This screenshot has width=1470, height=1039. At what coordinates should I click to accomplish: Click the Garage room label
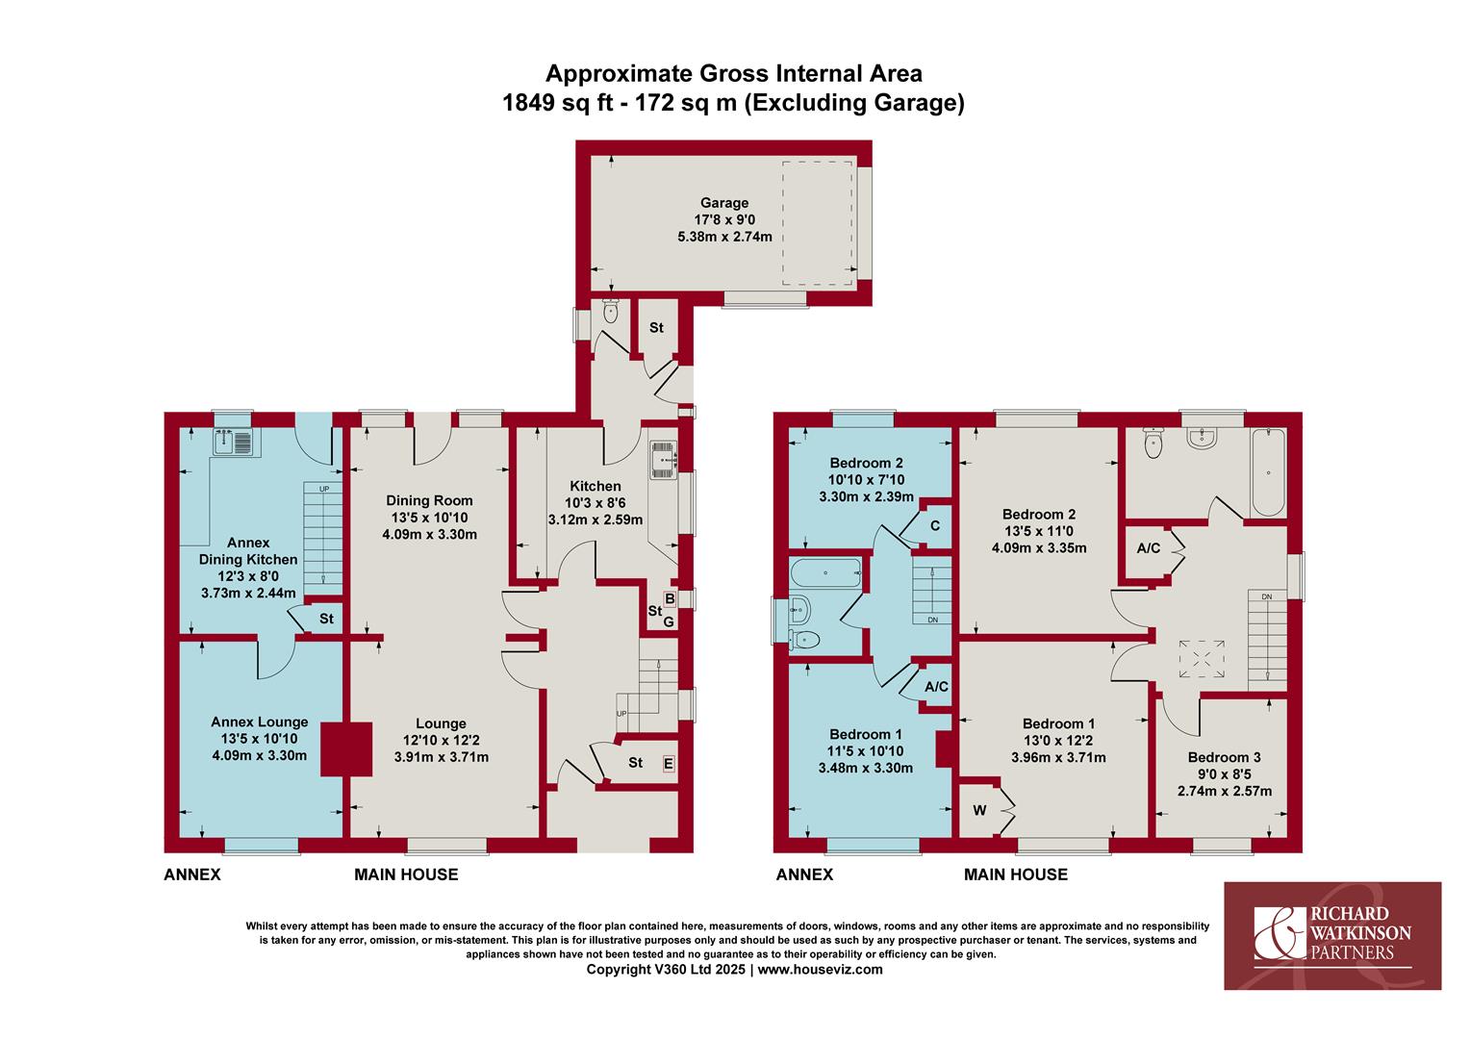[x=723, y=203]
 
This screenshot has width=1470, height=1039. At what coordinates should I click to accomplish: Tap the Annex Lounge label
[x=259, y=722]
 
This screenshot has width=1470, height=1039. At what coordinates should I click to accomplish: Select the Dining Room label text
[x=429, y=500]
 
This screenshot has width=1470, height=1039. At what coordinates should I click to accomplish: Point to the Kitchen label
[x=596, y=486]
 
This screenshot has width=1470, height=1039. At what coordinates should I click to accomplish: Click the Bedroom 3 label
[x=1224, y=757]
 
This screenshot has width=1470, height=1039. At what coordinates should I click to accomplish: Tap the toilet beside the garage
[x=610, y=312]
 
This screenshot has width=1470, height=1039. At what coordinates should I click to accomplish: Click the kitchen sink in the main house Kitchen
[x=663, y=460]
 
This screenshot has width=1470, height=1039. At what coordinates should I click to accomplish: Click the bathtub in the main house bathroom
[x=1268, y=472]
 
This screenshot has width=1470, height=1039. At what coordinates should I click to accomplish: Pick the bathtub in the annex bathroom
[x=825, y=573]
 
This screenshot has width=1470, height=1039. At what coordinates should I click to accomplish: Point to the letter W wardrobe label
[x=979, y=810]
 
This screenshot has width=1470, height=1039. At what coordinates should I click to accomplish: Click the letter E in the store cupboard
[x=668, y=763]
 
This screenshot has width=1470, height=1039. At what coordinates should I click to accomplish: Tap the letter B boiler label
[x=670, y=598]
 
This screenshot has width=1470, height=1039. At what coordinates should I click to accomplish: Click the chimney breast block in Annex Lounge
[x=346, y=749]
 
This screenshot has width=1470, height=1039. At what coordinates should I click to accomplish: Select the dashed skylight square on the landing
[x=1202, y=659]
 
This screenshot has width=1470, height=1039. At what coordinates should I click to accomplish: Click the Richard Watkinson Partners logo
[x=1332, y=935]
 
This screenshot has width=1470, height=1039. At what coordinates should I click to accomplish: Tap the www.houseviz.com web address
[x=821, y=970]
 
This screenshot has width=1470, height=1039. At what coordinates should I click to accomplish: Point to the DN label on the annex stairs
[x=932, y=620]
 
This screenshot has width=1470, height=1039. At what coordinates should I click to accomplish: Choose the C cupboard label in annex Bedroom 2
[x=935, y=525]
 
